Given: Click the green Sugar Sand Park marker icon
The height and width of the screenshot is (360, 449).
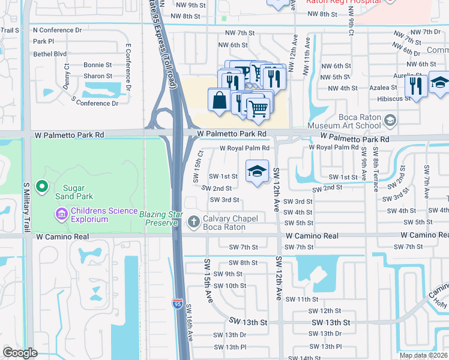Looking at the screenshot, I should [x=42, y=188].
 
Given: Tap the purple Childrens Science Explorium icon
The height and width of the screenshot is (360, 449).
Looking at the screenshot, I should [x=62, y=212].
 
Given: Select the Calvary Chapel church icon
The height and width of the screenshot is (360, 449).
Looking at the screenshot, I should [x=193, y=222].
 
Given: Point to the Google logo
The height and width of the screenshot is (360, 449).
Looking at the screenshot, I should [x=20, y=353].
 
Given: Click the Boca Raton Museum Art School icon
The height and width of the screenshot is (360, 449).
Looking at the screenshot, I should [x=390, y=121].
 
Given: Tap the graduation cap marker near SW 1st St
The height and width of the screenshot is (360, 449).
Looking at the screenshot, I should [x=256, y=170].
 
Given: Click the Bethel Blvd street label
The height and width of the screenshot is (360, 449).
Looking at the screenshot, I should [x=50, y=53].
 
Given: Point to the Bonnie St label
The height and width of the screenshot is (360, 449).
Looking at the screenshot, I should [x=98, y=65].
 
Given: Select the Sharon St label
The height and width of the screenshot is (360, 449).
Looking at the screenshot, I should [x=98, y=76].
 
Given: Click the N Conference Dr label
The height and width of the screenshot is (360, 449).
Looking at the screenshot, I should [x=57, y=30].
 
